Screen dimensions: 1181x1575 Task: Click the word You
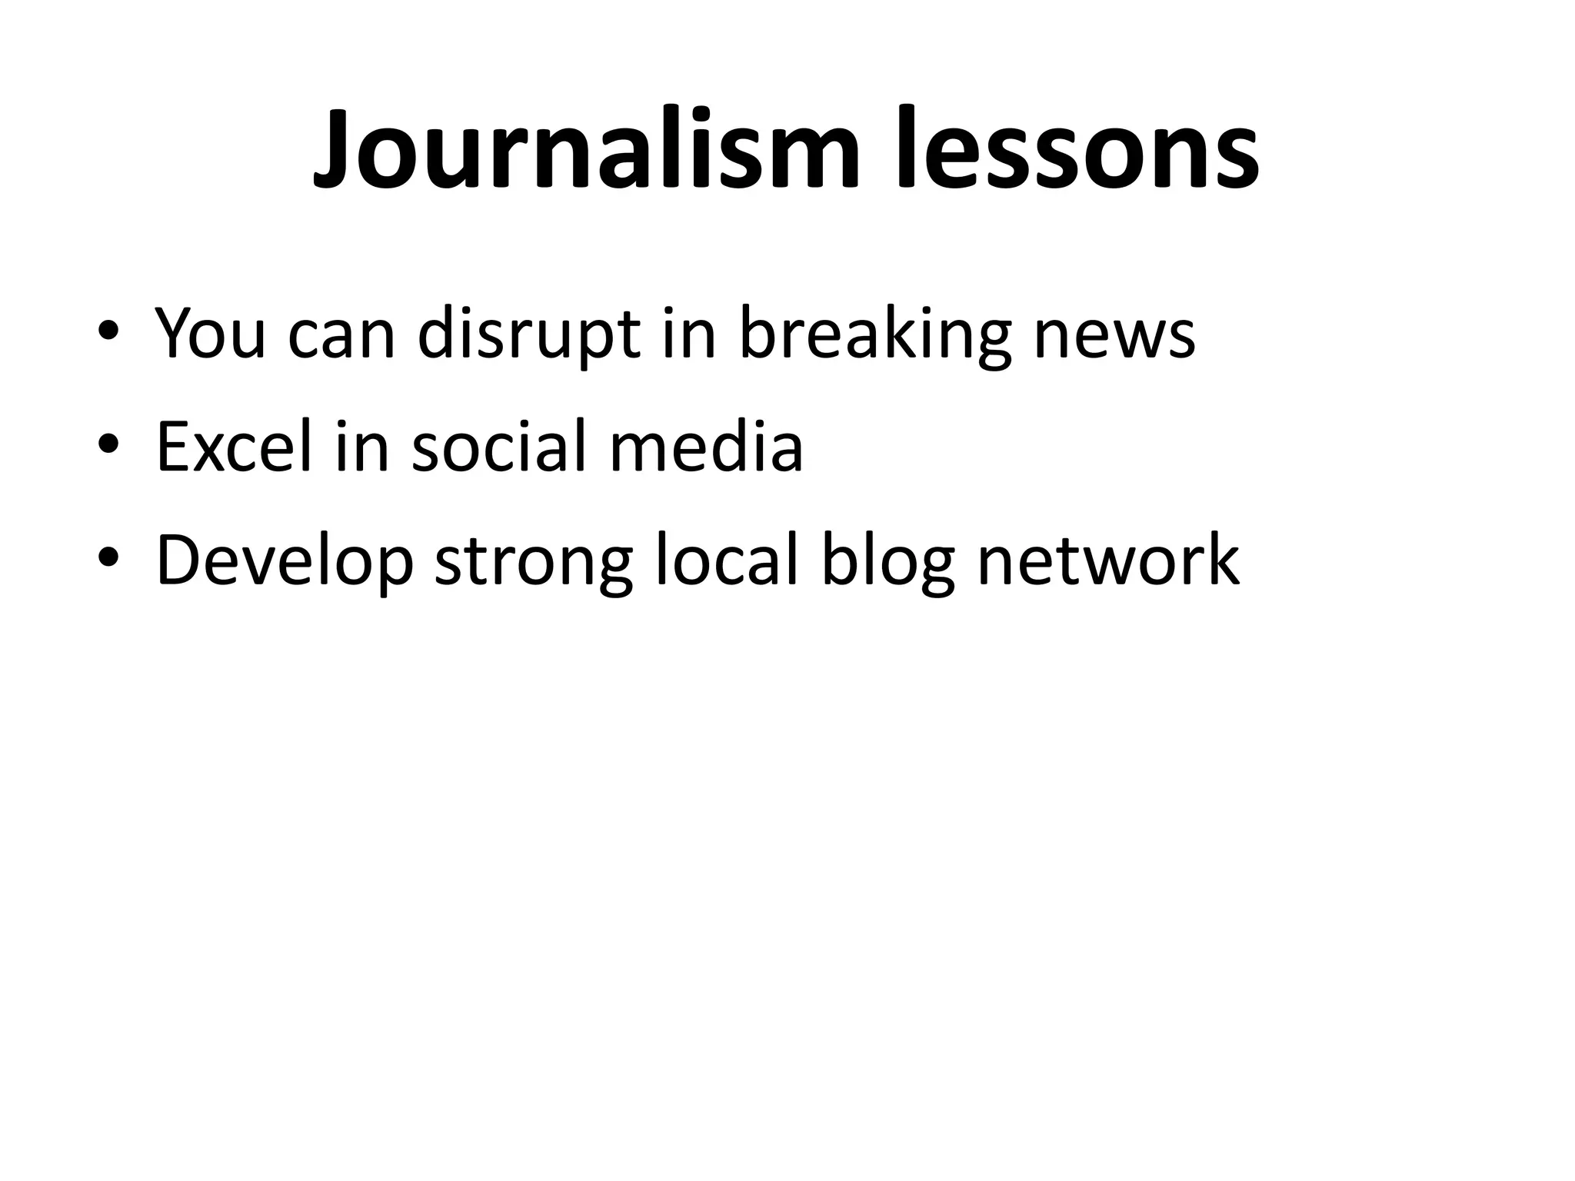click(x=210, y=333)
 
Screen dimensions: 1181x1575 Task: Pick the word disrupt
click(x=528, y=333)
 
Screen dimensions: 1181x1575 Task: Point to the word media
click(x=706, y=446)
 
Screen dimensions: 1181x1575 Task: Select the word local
click(x=727, y=559)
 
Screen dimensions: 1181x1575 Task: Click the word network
click(x=1108, y=559)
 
